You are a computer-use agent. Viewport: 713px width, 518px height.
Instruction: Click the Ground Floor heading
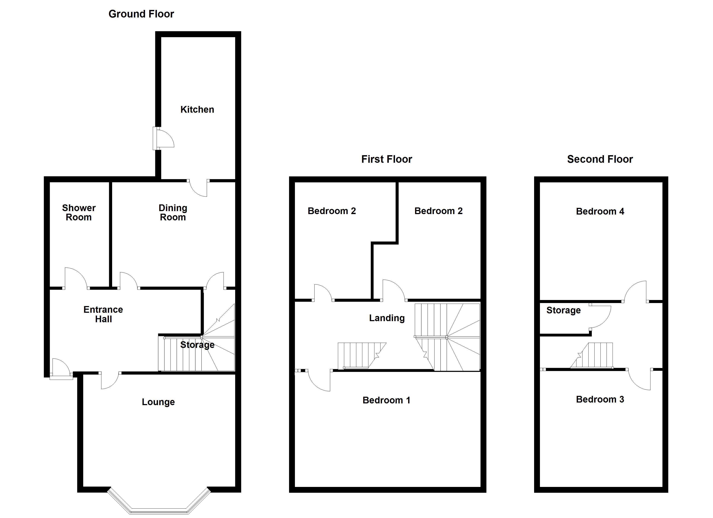(x=141, y=14)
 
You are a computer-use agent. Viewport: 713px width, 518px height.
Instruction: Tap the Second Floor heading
(x=600, y=159)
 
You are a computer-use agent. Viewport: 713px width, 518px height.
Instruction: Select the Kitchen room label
(x=197, y=110)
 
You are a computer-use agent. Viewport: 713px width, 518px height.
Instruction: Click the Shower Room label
(x=79, y=213)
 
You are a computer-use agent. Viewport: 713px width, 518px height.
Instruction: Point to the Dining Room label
(x=173, y=213)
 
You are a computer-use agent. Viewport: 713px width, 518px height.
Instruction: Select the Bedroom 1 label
(x=386, y=400)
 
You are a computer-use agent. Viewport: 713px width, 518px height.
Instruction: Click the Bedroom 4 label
(x=600, y=212)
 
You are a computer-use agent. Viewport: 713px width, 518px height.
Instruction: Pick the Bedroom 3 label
(x=600, y=399)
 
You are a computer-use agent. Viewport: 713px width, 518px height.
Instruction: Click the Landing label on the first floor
(x=387, y=318)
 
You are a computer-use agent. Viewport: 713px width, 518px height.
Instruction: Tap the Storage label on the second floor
(x=563, y=310)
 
